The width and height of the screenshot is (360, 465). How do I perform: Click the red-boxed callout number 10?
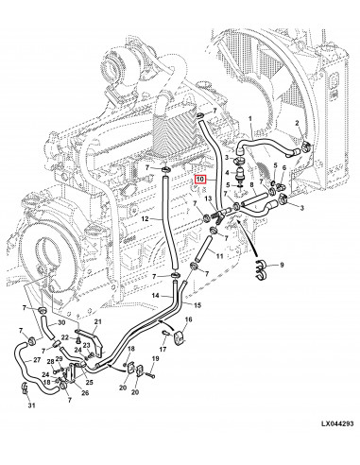tap(200, 180)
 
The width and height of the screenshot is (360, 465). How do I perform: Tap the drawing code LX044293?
tap(337, 423)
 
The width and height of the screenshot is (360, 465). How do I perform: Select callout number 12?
tap(145, 219)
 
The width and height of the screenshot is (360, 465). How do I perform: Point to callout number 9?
tap(282, 265)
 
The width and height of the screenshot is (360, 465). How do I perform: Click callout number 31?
tap(31, 405)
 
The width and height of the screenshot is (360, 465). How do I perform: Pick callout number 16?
tap(188, 319)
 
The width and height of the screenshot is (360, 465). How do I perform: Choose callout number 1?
tap(250, 119)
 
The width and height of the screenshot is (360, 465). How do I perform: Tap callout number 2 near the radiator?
tap(297, 123)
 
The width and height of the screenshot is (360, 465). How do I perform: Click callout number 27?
tap(37, 360)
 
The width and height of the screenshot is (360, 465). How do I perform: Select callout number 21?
tap(98, 321)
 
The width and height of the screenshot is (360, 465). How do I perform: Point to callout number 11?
tap(219, 256)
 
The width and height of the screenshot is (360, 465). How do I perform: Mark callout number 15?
tap(197, 305)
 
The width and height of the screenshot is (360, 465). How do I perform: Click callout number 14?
tap(156, 296)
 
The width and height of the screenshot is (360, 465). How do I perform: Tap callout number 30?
tap(61, 323)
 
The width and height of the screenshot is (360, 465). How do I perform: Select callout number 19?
tap(156, 358)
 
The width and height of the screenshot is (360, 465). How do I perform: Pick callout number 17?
tap(163, 349)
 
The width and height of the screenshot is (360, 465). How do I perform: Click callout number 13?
tap(208, 198)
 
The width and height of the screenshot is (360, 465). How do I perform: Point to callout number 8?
tap(251, 184)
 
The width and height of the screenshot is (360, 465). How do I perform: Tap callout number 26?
tap(85, 393)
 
